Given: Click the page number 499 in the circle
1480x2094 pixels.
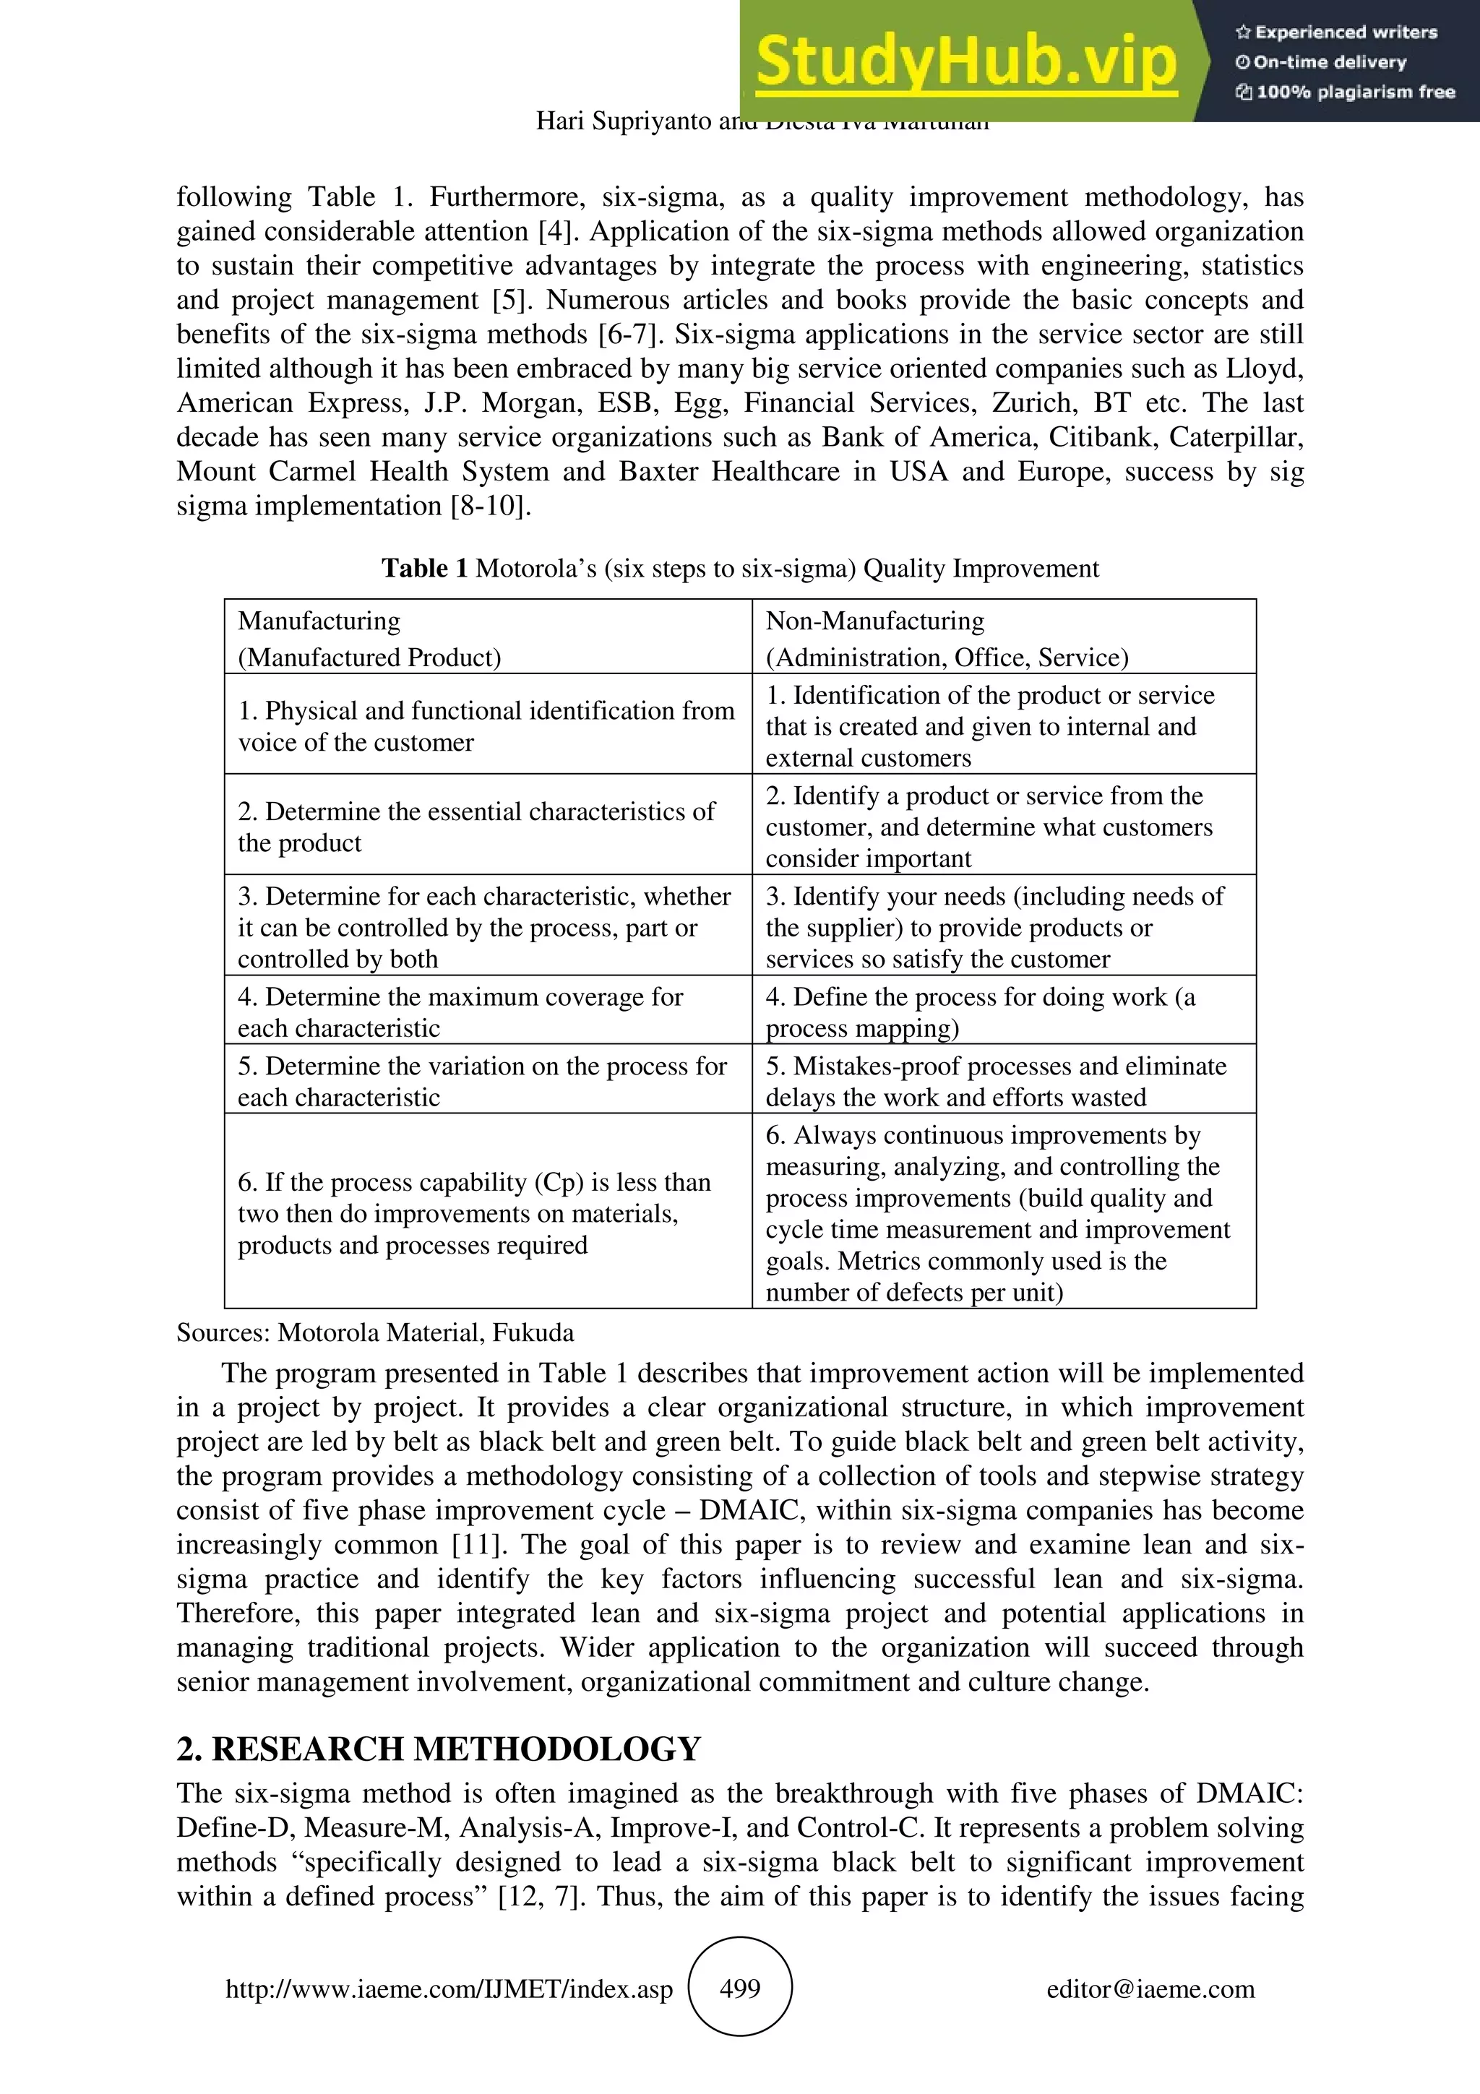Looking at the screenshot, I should pos(739,1989).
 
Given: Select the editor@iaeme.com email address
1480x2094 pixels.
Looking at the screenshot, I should pos(1150,1989).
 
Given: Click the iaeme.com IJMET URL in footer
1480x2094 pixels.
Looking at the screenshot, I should pos(449,1989).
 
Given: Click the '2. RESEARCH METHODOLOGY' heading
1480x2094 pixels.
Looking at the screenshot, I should pos(439,1749).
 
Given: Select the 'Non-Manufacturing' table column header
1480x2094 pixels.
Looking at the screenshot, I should pos(874,621).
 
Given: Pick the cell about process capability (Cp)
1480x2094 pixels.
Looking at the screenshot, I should pos(474,1213).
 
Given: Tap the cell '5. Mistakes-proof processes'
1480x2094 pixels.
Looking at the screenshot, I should pos(996,1081).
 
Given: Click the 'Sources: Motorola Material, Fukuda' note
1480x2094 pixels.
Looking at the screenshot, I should pos(375,1332).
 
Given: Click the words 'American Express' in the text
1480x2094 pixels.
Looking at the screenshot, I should pos(292,403).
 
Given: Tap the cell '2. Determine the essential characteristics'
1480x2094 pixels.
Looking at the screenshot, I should pos(476,827).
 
